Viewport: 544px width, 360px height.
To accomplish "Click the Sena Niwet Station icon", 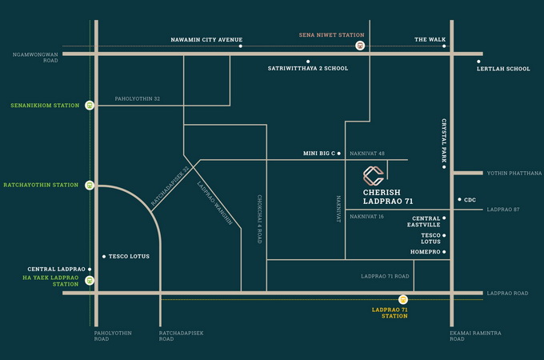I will pyautogui.click(x=362, y=46).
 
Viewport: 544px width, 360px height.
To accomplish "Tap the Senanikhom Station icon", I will pyautogui.click(x=90, y=105).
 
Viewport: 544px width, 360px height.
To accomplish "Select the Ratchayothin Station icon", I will pyautogui.click(x=90, y=185).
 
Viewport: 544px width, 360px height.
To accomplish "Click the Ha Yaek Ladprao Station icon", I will pyautogui.click(x=90, y=280).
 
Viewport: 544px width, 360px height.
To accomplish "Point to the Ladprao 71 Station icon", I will pyautogui.click(x=403, y=299).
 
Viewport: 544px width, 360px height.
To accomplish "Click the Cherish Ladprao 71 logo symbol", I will pyautogui.click(x=374, y=175).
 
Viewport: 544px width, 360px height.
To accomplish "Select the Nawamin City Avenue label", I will pyautogui.click(x=206, y=39).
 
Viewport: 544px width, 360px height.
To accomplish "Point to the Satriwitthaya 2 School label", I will pyautogui.click(x=307, y=69).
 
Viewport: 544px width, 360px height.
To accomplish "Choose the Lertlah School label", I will pyautogui.click(x=503, y=69).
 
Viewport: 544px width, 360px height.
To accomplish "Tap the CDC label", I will pyautogui.click(x=470, y=200).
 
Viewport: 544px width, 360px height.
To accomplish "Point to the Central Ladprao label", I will pyautogui.click(x=56, y=269).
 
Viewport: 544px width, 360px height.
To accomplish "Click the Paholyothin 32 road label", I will pyautogui.click(x=138, y=98).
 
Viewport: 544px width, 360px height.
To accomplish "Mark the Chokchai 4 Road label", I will pyautogui.click(x=259, y=218).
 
